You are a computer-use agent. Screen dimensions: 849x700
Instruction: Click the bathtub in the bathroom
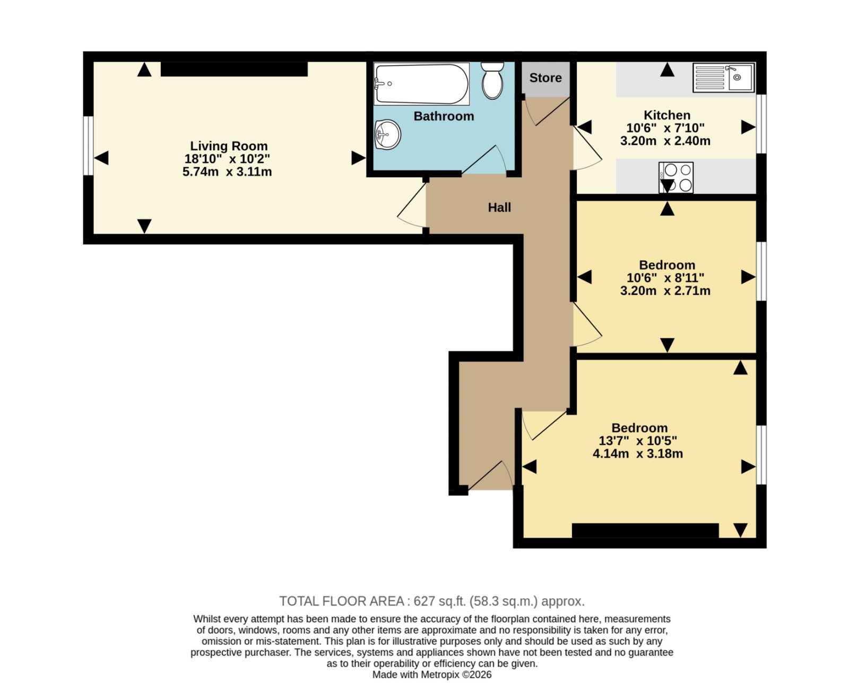coord(421,84)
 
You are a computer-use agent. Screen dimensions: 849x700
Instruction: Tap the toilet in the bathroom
coord(493,81)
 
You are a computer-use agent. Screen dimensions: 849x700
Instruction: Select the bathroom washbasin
coord(388,134)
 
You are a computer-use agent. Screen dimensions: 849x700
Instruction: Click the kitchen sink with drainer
coord(724,77)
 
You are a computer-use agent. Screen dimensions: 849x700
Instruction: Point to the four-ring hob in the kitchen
coord(676,177)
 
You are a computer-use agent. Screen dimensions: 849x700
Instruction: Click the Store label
coord(545,78)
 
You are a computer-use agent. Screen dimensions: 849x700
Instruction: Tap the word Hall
coord(499,207)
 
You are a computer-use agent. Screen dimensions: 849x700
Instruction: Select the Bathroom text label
coord(444,116)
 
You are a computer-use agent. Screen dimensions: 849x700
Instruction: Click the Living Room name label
coord(229,146)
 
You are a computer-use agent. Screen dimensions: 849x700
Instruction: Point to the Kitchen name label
coord(667,115)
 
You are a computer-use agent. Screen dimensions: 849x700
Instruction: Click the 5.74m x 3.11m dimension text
coord(227,172)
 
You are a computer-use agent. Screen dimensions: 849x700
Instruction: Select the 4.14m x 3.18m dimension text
coord(638,453)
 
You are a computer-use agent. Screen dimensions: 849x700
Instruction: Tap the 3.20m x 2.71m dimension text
coord(665,291)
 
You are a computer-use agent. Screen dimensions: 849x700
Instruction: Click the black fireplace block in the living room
coord(234,69)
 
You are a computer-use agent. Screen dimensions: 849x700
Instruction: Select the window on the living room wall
coord(88,146)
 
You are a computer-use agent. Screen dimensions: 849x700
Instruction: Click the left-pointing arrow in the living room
coord(101,157)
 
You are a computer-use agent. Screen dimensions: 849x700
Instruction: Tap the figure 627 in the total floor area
coord(424,601)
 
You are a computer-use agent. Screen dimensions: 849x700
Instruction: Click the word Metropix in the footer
coord(440,675)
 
